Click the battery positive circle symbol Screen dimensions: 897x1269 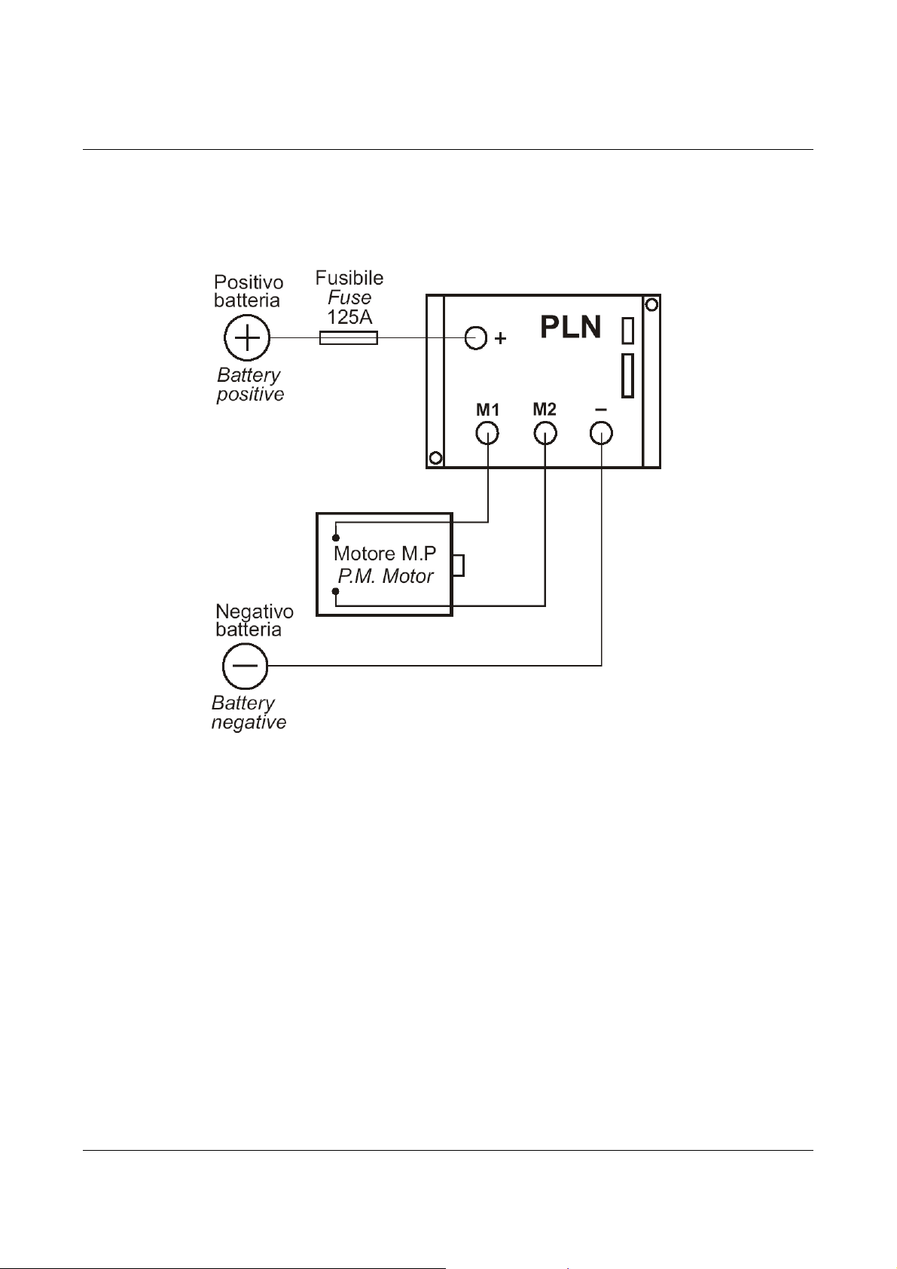(x=247, y=338)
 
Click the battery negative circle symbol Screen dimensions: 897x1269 (x=245, y=666)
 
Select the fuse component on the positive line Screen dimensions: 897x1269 (x=349, y=339)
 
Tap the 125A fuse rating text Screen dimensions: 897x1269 (x=349, y=316)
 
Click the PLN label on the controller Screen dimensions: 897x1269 (x=571, y=327)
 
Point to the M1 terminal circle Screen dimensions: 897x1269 (x=487, y=434)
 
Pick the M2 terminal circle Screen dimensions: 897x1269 (x=545, y=434)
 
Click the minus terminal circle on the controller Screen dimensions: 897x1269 (x=601, y=434)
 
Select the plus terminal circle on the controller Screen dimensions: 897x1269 (x=476, y=338)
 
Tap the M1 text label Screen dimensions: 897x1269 (x=487, y=410)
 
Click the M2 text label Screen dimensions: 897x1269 (x=545, y=409)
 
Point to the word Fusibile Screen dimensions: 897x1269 (x=349, y=278)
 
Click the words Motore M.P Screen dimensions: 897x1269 (x=386, y=553)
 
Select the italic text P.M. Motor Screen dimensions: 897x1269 (x=386, y=576)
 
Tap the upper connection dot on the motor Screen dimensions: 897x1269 (x=336, y=538)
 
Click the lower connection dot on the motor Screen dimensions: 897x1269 (x=336, y=591)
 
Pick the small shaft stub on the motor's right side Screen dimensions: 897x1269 (x=459, y=566)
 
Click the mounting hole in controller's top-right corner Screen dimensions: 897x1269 (x=651, y=305)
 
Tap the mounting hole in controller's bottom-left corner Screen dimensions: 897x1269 (x=435, y=458)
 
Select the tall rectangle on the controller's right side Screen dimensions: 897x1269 (x=627, y=376)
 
